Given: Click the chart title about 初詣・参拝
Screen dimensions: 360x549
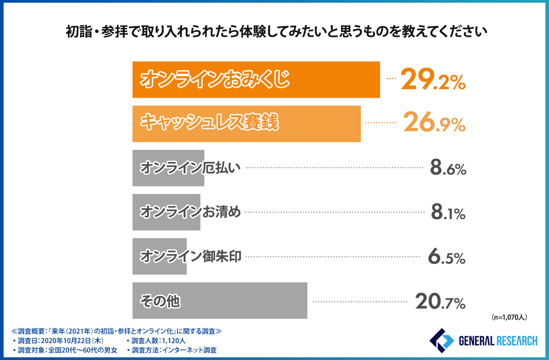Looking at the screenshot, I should [274, 32].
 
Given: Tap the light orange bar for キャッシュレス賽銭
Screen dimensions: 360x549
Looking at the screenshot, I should [246, 124].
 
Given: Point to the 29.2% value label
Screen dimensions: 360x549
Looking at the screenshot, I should [432, 80].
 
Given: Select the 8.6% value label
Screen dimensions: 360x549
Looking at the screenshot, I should [447, 169].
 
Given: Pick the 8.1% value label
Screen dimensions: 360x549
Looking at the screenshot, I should [447, 212].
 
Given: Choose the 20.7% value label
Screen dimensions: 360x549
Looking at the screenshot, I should [440, 301].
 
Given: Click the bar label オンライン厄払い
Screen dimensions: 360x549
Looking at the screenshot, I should [190, 167].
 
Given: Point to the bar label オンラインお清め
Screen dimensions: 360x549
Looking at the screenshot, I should [190, 211].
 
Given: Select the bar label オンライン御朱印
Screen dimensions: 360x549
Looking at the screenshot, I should [191, 256].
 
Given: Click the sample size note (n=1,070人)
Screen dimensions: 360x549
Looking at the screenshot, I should [509, 317].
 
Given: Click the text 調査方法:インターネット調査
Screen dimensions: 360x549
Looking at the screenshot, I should [172, 350].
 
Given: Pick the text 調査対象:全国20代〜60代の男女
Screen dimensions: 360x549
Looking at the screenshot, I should [65, 350].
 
